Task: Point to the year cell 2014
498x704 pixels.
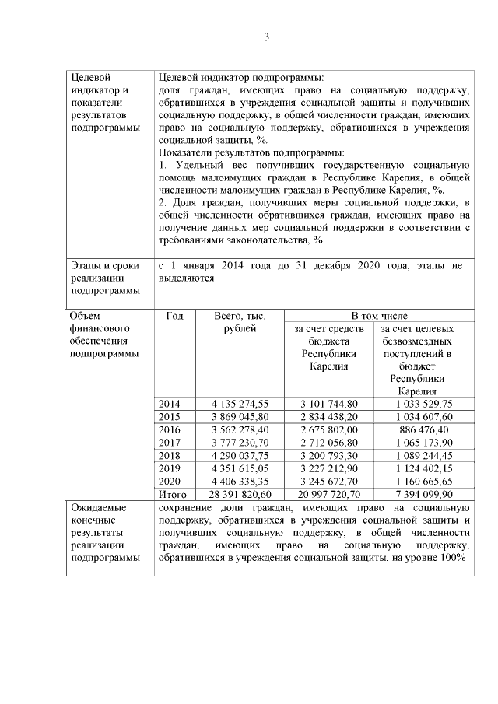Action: click(x=169, y=403)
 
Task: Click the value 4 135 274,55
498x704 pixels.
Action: click(x=240, y=403)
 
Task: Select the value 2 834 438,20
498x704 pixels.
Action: click(x=329, y=416)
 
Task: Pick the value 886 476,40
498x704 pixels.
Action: click(x=426, y=429)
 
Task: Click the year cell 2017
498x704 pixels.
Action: click(x=169, y=442)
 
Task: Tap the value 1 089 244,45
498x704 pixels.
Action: click(x=425, y=454)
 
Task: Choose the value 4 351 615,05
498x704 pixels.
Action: click(x=240, y=468)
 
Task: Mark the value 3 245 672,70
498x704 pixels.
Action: click(x=329, y=481)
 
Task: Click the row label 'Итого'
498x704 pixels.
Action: click(x=172, y=493)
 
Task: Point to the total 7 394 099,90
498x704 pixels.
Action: click(x=425, y=493)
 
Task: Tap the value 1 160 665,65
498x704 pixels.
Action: click(x=425, y=481)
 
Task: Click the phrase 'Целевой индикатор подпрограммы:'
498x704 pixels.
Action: click(x=240, y=78)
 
